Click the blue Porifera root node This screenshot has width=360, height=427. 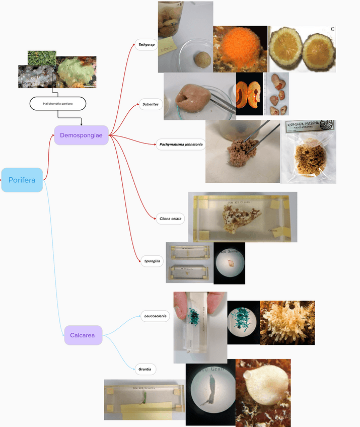[x=22, y=180]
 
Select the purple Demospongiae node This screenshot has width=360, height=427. [x=81, y=135]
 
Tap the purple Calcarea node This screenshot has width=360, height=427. [x=83, y=335]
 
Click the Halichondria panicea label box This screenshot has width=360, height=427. [x=58, y=104]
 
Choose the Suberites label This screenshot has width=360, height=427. [x=150, y=105]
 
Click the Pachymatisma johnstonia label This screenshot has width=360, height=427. [x=180, y=145]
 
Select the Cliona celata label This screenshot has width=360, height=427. [x=170, y=219]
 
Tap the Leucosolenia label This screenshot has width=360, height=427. [x=155, y=316]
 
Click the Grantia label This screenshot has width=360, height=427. [x=146, y=369]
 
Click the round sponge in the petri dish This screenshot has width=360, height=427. [x=203, y=58]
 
